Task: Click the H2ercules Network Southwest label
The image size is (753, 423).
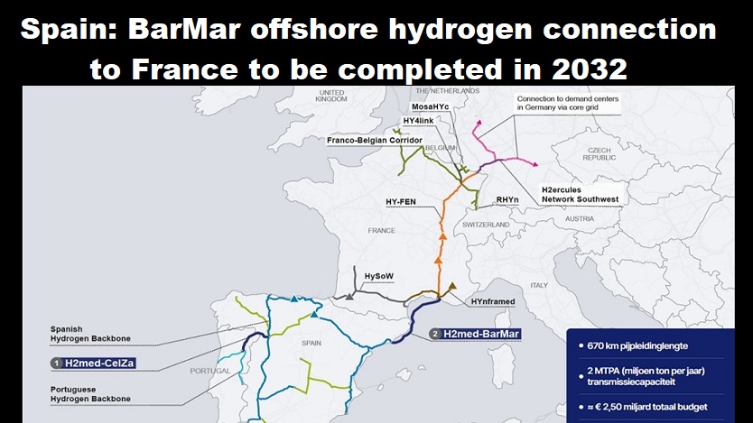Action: click(x=581, y=194)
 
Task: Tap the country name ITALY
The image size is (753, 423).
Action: click(x=539, y=285)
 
